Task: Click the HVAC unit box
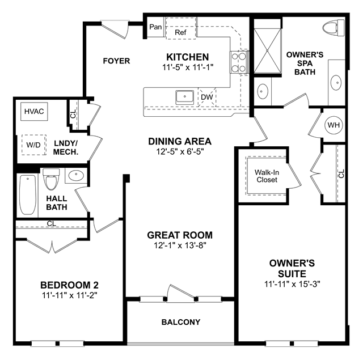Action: (34, 112)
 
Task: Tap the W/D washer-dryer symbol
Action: (34, 145)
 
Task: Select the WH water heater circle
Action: (334, 125)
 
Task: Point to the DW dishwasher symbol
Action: (206, 97)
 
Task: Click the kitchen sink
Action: (184, 98)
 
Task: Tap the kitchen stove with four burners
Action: (239, 62)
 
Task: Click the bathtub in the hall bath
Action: (28, 195)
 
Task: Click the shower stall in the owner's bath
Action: (267, 50)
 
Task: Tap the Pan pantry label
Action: (155, 27)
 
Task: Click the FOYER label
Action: (116, 61)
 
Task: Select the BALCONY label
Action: (181, 322)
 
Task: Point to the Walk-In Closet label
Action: (267, 176)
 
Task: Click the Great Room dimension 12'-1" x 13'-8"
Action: (180, 245)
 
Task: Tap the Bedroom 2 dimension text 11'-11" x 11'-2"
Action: (69, 295)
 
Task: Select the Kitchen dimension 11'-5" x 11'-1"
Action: (188, 67)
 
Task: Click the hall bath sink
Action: (76, 176)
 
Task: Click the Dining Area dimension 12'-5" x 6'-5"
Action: (180, 152)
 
